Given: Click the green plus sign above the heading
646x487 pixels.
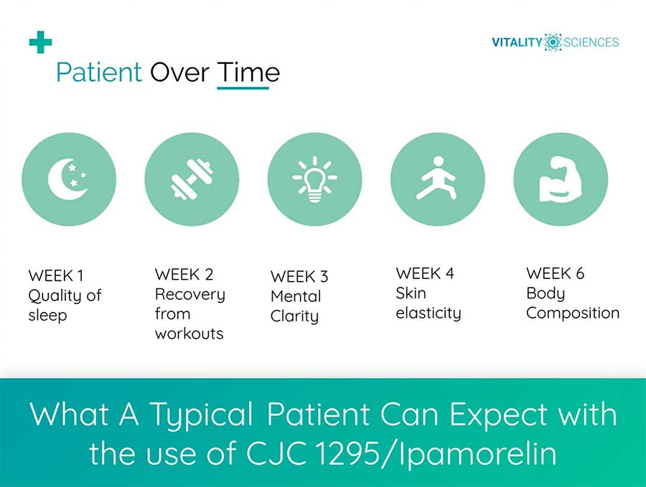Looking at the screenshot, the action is pos(40,42).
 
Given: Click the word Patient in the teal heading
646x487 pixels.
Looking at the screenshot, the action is pos(99,72).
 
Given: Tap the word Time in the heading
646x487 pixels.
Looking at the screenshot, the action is pos(248,72).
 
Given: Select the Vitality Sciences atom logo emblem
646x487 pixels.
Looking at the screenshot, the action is pos(553,42).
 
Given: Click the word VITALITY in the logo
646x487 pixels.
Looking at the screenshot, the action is pos(517,42).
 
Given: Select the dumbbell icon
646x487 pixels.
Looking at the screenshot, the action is pos(192,179).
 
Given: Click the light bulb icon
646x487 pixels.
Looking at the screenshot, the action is pos(315,179).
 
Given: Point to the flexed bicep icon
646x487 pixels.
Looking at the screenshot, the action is pos(561,179).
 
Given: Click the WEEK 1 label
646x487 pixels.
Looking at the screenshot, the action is pos(56,275).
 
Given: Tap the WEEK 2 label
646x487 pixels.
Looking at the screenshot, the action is pos(184,274).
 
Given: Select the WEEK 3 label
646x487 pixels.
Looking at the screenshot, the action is pos(299,276).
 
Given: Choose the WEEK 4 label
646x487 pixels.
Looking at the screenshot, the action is pos(425,273).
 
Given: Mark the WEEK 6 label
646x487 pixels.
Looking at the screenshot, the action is pos(556,273).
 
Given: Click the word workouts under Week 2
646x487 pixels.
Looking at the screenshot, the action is pos(189,334).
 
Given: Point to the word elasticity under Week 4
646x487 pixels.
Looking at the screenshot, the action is pos(429,313).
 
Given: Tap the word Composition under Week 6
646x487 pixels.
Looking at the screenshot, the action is pos(573,313).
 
